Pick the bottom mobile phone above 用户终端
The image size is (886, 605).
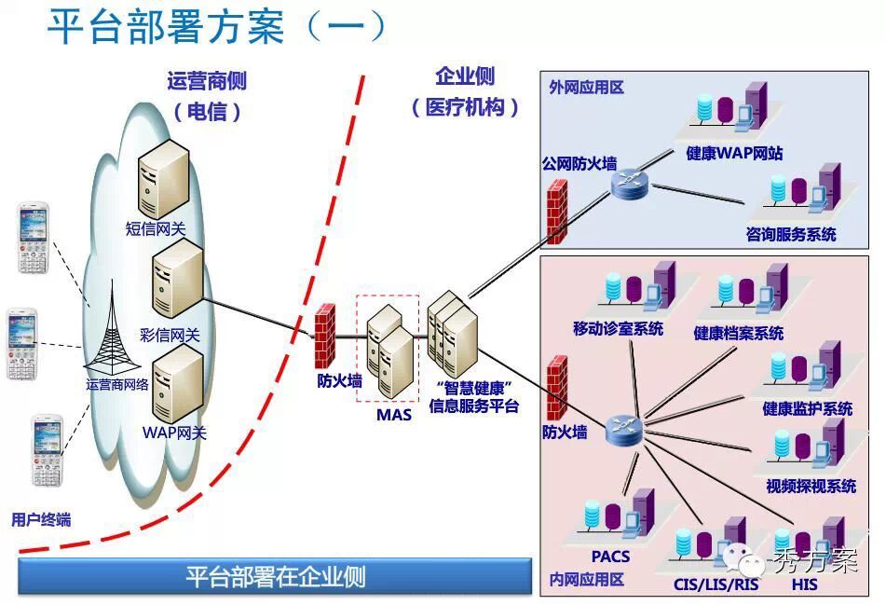pos(47,450)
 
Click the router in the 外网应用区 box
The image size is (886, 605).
pos(629,184)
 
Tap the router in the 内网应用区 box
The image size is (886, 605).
pos(621,429)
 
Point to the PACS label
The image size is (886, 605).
pos(610,557)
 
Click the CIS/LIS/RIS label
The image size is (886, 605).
pos(716,584)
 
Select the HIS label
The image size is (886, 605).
pos(804,584)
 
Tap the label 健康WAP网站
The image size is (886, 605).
pos(734,153)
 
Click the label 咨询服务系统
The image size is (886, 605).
pos(791,234)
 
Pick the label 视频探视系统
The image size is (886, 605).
pos(811,486)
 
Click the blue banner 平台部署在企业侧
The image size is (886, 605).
pos(275,576)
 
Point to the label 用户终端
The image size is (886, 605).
pos(41,519)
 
